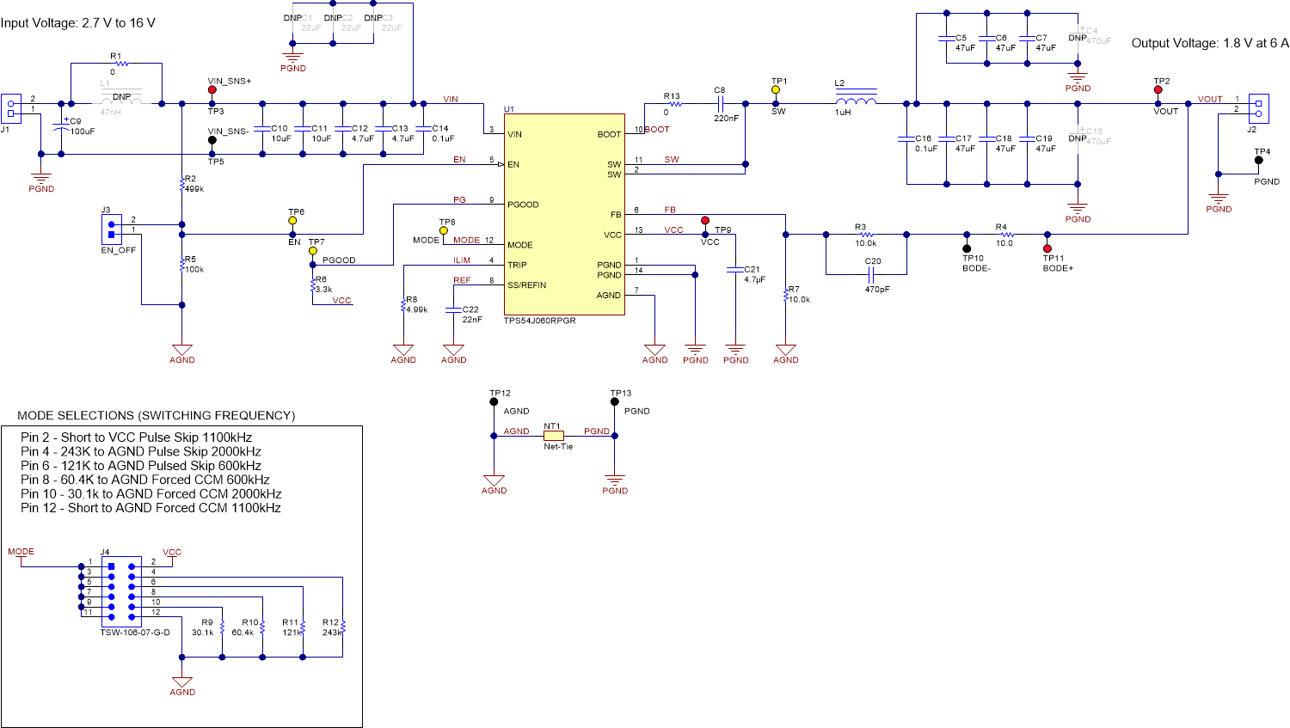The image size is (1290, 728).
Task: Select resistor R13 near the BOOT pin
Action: coord(674,104)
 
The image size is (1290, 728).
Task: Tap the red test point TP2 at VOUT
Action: coord(1158,89)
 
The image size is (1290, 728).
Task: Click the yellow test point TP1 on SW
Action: coord(776,89)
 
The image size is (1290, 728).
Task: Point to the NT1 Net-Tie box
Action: coord(554,436)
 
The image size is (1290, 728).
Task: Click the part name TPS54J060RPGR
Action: coord(539,321)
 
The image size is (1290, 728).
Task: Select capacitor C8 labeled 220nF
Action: coord(721,104)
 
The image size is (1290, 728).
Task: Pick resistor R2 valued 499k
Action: coord(182,184)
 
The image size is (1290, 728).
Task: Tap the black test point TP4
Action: coord(1259,160)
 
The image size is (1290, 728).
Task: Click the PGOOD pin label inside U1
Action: coord(523,205)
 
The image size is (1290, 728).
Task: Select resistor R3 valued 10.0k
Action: coord(866,234)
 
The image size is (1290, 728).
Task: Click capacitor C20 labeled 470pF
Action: coord(871,275)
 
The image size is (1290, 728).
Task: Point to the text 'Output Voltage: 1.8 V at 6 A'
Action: coord(1209,43)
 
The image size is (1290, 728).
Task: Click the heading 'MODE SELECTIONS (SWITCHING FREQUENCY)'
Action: coord(157,415)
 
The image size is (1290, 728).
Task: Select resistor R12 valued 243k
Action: coord(342,627)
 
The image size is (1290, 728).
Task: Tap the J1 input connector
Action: coord(10,108)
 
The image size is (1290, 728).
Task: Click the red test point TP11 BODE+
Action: coord(1047,248)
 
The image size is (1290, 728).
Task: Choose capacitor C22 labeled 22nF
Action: coord(453,315)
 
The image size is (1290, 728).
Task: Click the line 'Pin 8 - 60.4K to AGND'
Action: coord(144,480)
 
